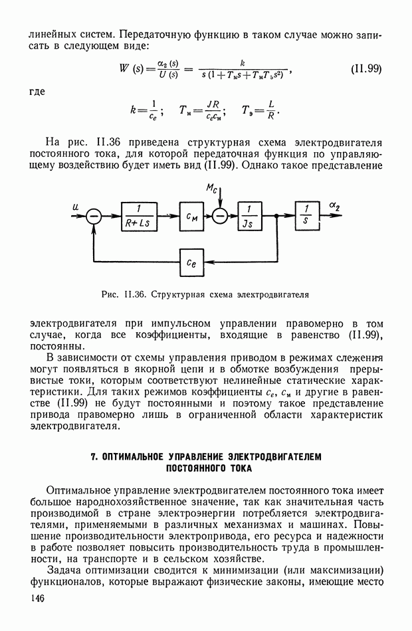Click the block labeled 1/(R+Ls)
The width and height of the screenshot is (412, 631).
139,217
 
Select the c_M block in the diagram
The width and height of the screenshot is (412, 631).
193,217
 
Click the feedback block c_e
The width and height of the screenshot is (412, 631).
193,262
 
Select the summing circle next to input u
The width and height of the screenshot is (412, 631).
95,217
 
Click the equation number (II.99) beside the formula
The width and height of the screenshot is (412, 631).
365,69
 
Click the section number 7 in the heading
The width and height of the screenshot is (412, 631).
93,457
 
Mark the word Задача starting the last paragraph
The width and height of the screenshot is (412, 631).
66,571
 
